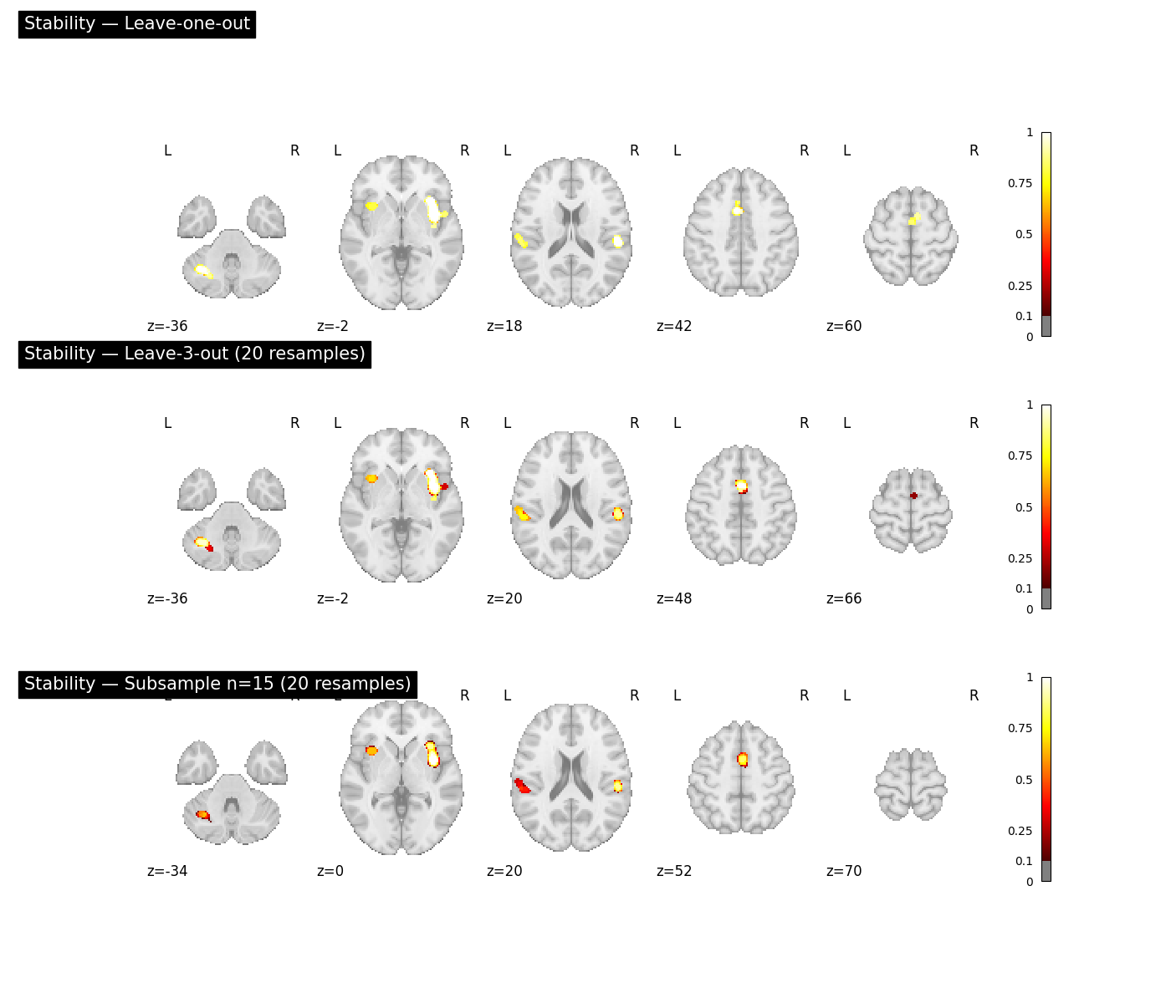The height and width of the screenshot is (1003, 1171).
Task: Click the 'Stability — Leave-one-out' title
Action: [x=136, y=23]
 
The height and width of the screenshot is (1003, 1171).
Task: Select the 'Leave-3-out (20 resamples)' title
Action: [x=194, y=354]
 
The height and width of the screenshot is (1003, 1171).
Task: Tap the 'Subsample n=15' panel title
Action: [x=217, y=684]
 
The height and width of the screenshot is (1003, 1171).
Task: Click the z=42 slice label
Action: [x=673, y=326]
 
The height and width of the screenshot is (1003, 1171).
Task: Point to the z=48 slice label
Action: [x=673, y=598]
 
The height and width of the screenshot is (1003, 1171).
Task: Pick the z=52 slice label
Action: [x=673, y=871]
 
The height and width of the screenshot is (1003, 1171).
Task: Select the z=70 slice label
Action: [x=844, y=871]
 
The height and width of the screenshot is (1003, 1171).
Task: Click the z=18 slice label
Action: [x=504, y=326]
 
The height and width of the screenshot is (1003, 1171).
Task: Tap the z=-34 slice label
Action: [x=167, y=871]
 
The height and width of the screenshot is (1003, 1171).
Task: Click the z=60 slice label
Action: [x=844, y=326]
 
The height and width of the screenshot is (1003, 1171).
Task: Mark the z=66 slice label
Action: [x=844, y=598]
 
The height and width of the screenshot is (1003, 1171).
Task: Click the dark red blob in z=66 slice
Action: [x=913, y=496]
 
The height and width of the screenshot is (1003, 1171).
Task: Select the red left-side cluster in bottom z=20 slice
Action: [x=522, y=786]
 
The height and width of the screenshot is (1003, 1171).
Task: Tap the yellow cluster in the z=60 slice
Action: [x=914, y=218]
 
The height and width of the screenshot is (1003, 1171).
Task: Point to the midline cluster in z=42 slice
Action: [x=737, y=210]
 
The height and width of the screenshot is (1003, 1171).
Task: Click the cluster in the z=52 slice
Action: [x=743, y=759]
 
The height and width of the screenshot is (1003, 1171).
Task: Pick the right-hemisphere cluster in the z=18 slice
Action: [x=618, y=242]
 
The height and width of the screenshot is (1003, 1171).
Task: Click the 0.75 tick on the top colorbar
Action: [x=1020, y=183]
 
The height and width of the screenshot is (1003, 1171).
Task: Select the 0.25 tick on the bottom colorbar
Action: [x=1020, y=831]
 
